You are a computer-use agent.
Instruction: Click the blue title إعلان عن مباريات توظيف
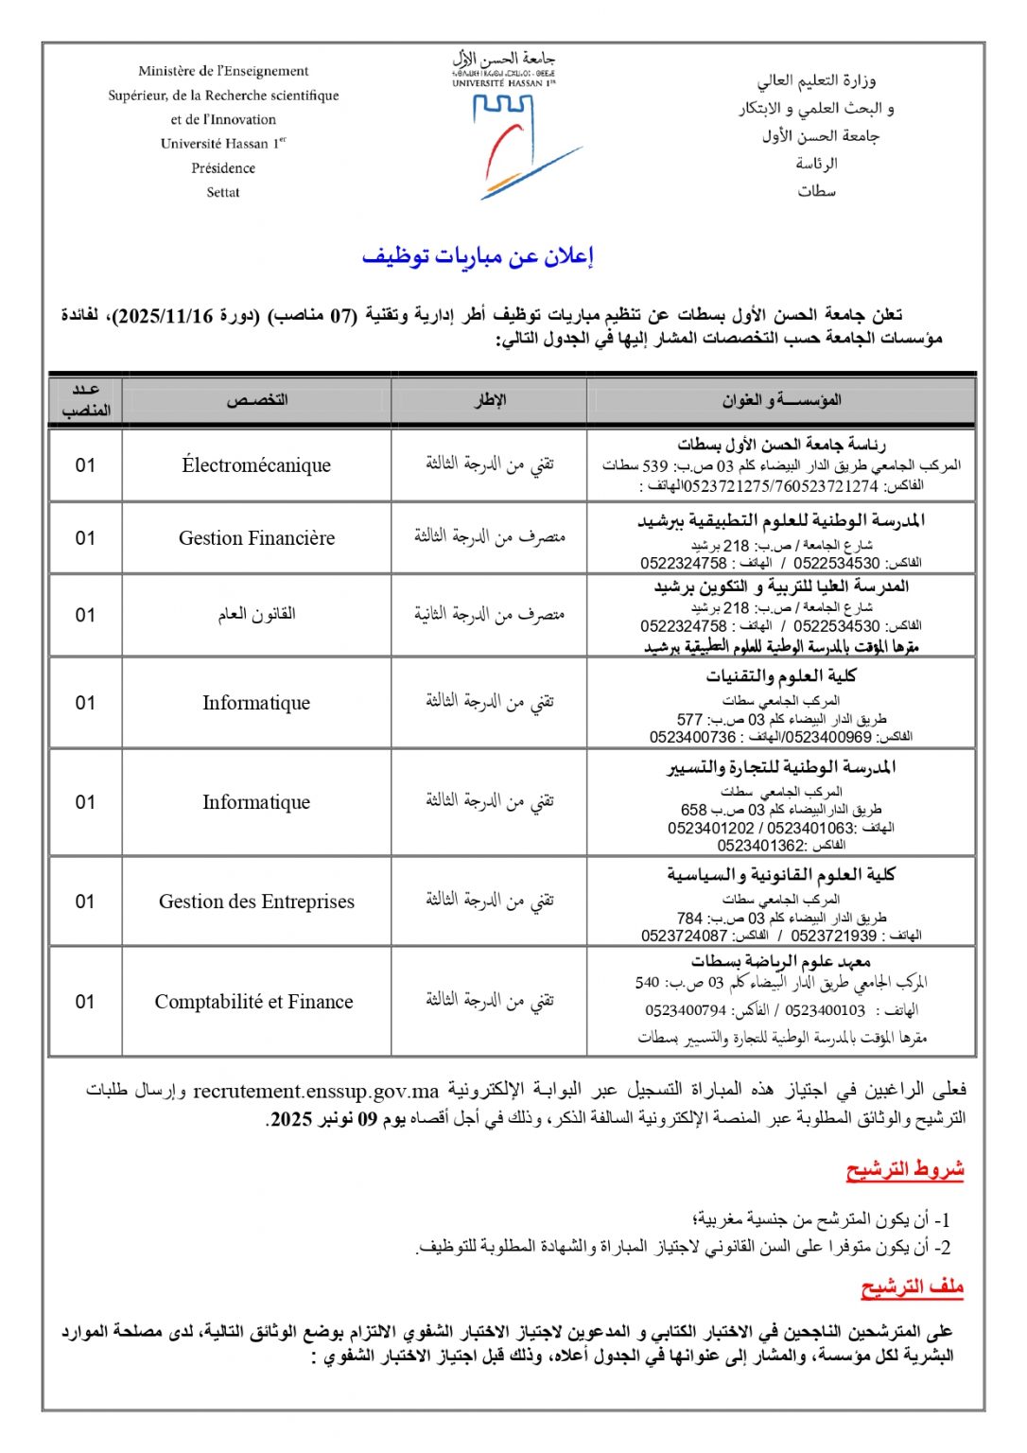478,256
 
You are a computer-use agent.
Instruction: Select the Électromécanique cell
256,465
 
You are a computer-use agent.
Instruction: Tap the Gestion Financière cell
256,538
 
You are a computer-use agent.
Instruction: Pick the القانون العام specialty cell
256,615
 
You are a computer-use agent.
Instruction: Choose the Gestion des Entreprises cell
256,902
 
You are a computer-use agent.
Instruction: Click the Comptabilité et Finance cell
254,1002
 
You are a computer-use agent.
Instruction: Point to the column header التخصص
256,400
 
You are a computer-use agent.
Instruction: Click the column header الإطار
490,400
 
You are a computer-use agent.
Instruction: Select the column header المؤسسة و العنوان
781,400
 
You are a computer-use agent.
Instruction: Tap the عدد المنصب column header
86,400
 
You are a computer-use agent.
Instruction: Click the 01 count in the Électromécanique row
86,465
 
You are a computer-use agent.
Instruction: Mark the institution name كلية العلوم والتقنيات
781,676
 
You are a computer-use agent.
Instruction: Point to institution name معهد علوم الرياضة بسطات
781,961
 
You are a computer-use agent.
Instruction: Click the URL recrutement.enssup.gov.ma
316,1092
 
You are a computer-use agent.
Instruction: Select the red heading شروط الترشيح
905,1170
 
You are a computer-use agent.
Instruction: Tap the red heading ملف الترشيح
912,1287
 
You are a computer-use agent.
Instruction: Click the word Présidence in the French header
223,168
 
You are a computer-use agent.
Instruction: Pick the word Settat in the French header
223,192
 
